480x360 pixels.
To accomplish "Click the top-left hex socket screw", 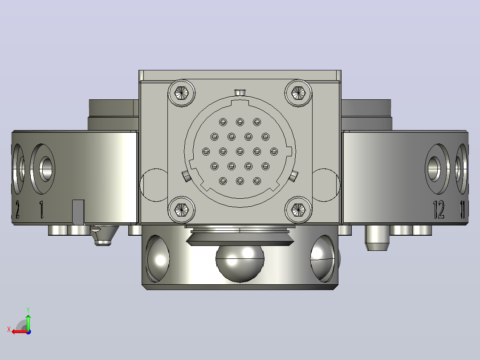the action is [x=182, y=93].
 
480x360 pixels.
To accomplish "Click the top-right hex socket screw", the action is [x=298, y=93].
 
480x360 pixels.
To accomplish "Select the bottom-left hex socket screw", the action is [x=182, y=210].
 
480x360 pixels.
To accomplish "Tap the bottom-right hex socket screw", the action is [x=298, y=210].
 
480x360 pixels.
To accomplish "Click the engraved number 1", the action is [x=42, y=209].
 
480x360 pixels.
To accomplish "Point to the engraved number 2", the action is [x=18, y=209].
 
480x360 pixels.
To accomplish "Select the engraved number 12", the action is [x=439, y=209].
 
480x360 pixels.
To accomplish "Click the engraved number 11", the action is [x=462, y=209].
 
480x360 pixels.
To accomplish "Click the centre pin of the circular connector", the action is [x=240, y=151].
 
